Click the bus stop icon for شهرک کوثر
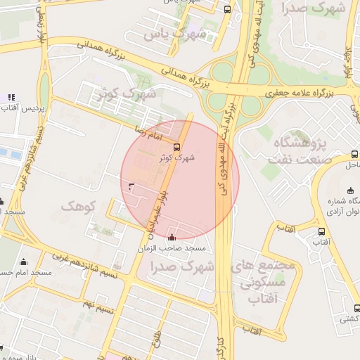point(176,148)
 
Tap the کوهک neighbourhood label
point(77,205)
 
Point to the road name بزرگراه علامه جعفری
point(302,92)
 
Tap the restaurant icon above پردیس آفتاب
point(11,97)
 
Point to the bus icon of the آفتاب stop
point(321,231)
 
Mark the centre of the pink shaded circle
point(180,179)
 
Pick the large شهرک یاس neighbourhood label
point(175,33)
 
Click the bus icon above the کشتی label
point(357,307)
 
